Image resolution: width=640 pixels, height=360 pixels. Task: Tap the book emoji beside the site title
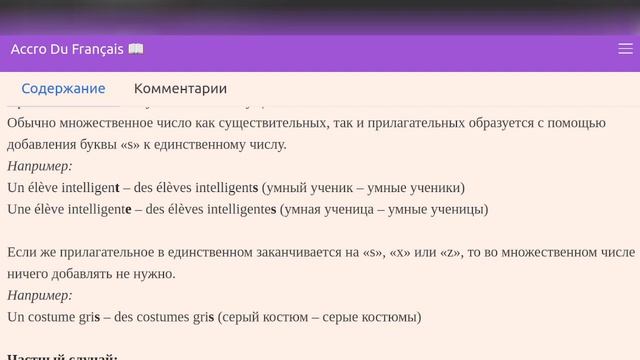pos(136,49)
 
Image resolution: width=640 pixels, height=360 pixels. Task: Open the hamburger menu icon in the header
pos(625,48)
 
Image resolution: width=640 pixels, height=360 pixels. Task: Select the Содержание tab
pos(63,88)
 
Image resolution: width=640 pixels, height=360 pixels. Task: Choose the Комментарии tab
pos(180,88)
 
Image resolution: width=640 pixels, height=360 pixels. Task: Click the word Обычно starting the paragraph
pos(34,122)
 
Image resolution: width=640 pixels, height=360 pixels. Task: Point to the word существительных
pos(262,122)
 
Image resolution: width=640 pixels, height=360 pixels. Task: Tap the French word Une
pos(21,209)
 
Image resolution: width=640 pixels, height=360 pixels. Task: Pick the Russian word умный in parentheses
pos(309,187)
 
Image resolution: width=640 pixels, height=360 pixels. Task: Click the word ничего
pos(30,273)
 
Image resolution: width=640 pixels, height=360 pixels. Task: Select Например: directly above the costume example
pos(40,295)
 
